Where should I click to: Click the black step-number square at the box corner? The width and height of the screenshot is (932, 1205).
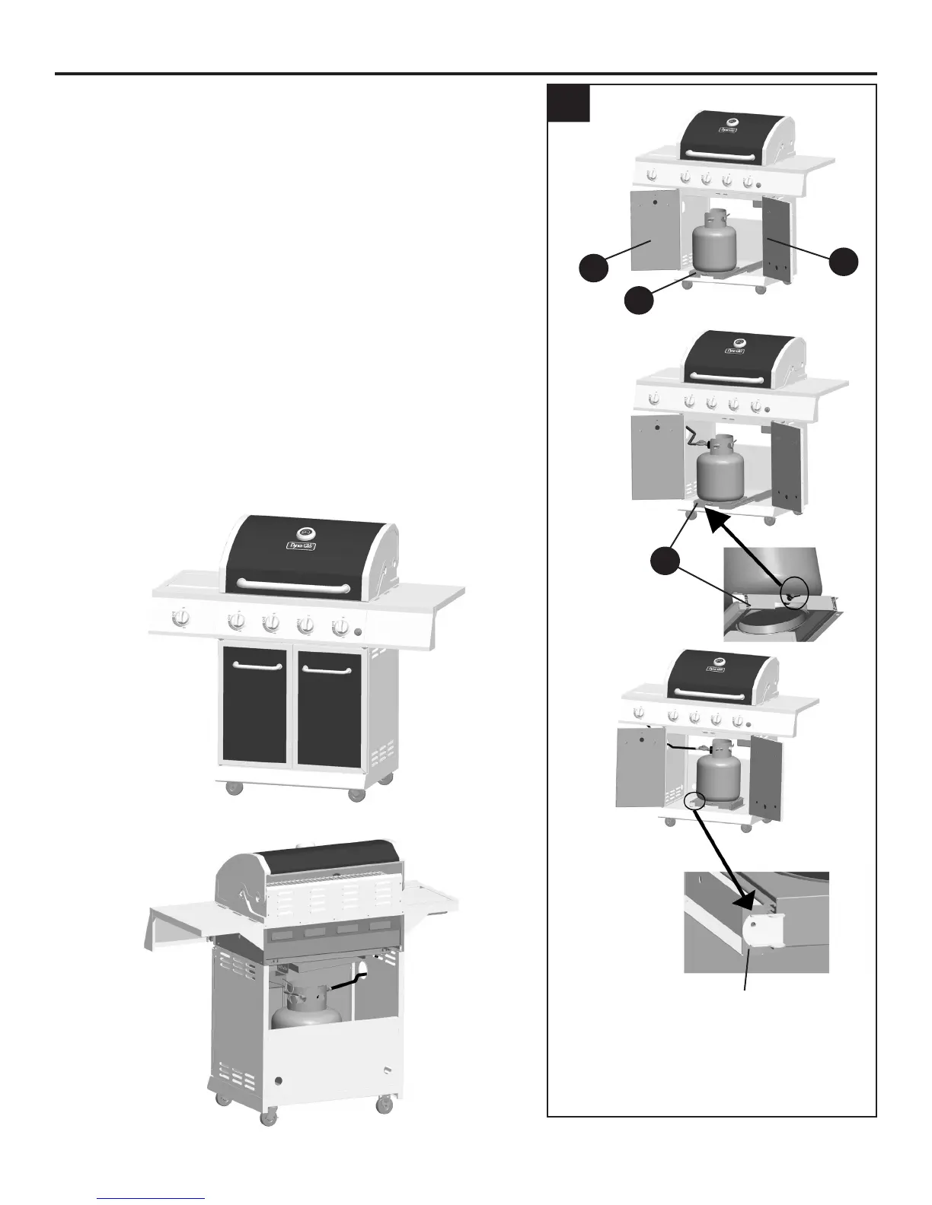[570, 103]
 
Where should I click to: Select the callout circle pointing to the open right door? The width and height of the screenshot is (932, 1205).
[844, 261]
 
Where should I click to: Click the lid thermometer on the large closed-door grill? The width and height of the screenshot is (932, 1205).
[305, 533]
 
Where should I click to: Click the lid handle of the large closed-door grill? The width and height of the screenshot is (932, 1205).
[294, 585]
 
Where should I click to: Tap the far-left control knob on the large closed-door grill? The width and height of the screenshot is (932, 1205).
[181, 620]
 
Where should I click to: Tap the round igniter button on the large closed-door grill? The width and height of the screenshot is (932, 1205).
[359, 631]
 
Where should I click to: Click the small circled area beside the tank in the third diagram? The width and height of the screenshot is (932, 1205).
[694, 801]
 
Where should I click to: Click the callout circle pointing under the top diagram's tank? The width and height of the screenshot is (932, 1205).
[639, 300]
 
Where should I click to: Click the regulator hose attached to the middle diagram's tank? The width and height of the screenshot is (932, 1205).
[694, 439]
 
